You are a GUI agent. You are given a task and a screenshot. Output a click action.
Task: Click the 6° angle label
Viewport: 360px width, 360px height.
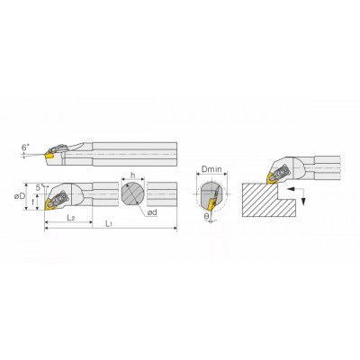click(25, 148)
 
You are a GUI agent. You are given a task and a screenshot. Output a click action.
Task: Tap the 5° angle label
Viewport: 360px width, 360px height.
click(39, 188)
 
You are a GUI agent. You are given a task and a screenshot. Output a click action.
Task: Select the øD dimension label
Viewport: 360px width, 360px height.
click(20, 197)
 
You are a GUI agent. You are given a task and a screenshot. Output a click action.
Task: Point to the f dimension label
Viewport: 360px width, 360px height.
click(33, 202)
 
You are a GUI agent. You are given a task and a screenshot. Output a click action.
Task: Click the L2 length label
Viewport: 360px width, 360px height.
click(70, 218)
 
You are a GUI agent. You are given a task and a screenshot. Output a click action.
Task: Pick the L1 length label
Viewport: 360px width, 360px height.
click(109, 224)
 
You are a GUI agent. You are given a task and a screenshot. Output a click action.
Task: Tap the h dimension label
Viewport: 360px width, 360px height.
click(133, 175)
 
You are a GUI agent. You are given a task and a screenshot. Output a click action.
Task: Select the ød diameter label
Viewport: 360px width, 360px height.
click(152, 212)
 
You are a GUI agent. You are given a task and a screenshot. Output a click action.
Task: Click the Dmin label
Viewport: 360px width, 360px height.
click(211, 169)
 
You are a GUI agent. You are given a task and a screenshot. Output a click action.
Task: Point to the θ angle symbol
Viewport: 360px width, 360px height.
click(206, 216)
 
